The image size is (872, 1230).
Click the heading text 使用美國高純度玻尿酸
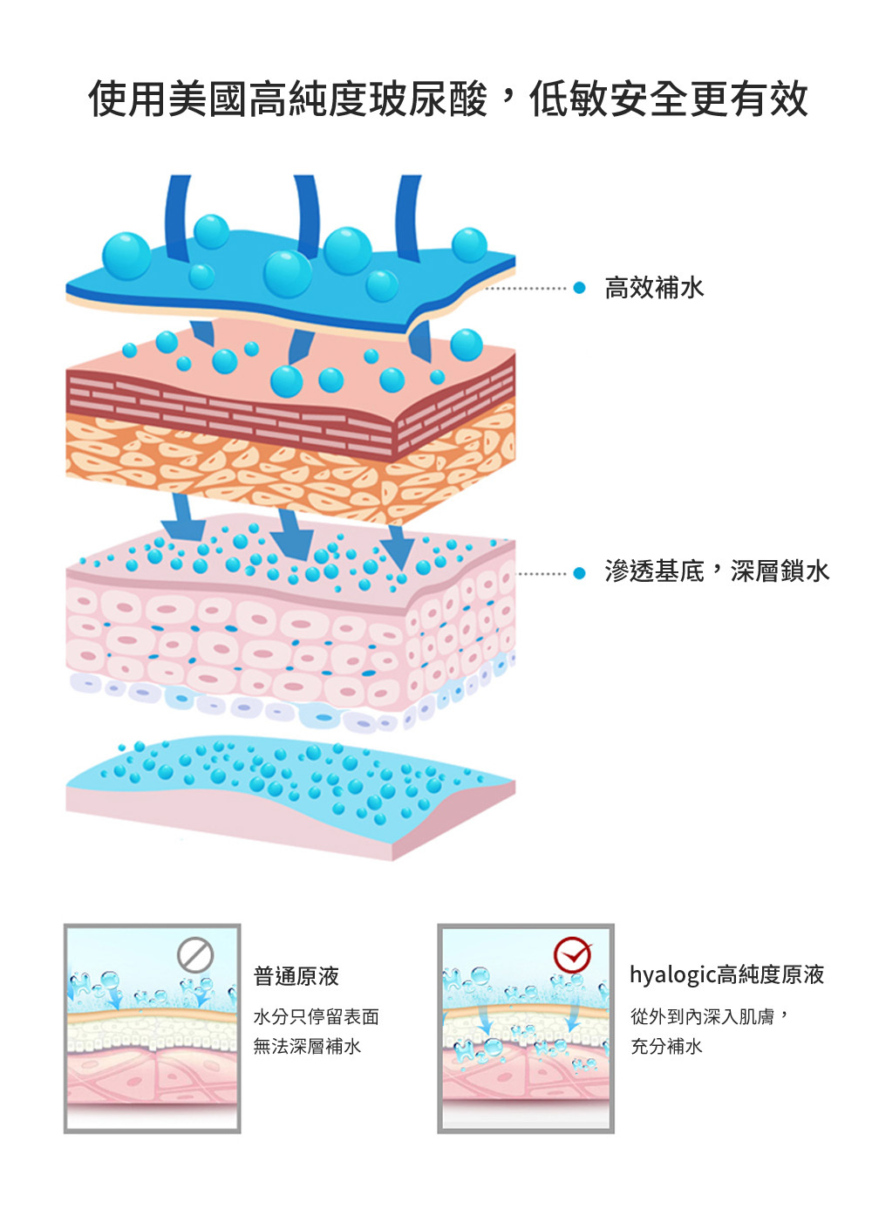click(x=288, y=99)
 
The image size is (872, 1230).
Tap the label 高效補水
click(x=654, y=288)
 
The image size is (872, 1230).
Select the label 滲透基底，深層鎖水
click(x=717, y=571)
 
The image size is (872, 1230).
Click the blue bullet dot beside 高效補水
click(x=579, y=288)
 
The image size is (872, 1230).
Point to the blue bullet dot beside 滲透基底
click(x=579, y=573)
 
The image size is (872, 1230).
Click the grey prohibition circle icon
click(x=195, y=954)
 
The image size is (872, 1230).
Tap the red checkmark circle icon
click(x=572, y=955)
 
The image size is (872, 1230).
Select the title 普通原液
click(x=296, y=976)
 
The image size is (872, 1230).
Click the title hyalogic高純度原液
click(x=726, y=974)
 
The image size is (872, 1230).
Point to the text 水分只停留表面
click(x=316, y=1016)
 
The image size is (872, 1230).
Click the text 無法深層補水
click(x=307, y=1046)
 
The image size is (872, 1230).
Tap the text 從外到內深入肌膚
click(x=703, y=1016)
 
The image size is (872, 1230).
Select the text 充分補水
click(x=666, y=1046)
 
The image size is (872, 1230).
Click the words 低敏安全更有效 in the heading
click(x=668, y=99)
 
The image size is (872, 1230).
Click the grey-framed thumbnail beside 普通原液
click(x=152, y=1028)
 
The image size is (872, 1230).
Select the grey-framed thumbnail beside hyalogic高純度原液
click(x=525, y=1028)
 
